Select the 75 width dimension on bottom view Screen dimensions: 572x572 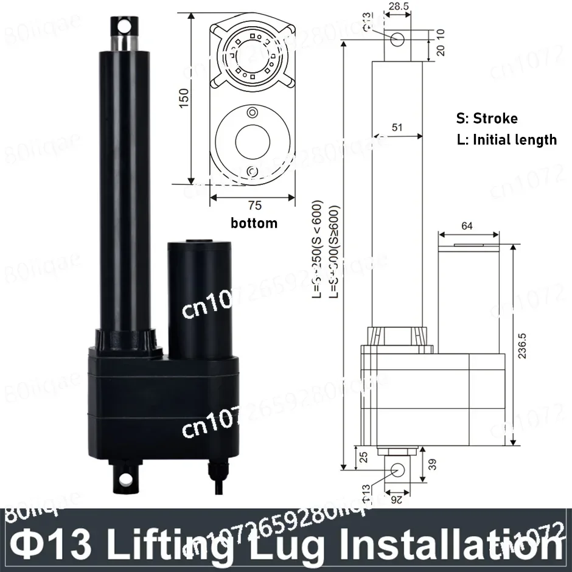click(x=254, y=206)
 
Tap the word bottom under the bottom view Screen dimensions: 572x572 click(x=254, y=223)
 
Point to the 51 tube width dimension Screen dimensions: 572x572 click(x=397, y=127)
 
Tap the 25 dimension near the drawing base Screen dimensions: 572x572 click(x=364, y=456)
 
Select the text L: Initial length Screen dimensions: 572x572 click(x=506, y=139)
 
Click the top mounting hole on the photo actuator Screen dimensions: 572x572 click(x=124, y=26)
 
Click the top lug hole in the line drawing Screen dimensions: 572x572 click(x=398, y=40)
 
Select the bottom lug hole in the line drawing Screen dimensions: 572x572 click(x=398, y=469)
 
